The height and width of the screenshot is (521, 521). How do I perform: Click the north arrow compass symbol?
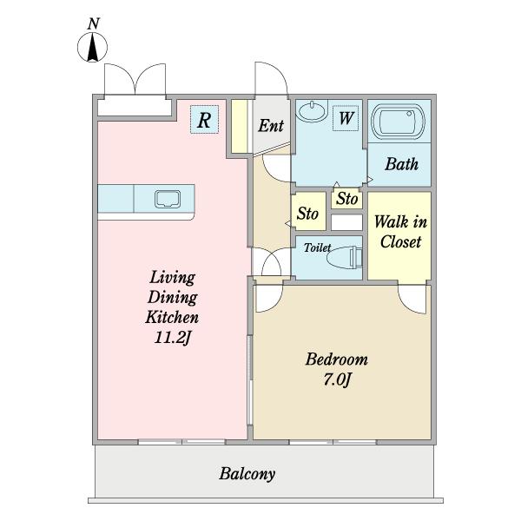tap(92, 47)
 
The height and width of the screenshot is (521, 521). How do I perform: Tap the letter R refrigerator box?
tap(204, 119)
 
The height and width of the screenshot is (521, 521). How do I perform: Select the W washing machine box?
tap(346, 118)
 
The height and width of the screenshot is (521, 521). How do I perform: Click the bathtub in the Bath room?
tap(399, 122)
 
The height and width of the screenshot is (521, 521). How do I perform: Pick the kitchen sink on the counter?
tap(168, 199)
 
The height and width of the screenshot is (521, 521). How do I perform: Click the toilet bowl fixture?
tap(344, 257)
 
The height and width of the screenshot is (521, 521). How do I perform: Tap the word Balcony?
tap(247, 474)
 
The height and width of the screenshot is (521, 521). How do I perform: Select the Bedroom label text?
tap(337, 359)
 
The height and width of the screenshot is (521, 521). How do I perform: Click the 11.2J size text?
tap(173, 338)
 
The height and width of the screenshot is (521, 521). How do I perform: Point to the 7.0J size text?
tap(337, 379)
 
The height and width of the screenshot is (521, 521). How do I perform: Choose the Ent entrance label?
tap(271, 126)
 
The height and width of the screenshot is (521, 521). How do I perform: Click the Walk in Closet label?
tap(400, 232)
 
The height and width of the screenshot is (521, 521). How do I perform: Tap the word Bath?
tap(401, 164)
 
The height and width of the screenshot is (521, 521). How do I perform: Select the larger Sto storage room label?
tap(307, 213)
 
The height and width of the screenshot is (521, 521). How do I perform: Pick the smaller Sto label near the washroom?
tap(346, 199)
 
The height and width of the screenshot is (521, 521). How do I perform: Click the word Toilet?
tap(317, 247)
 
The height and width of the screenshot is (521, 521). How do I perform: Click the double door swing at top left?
tap(135, 78)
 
